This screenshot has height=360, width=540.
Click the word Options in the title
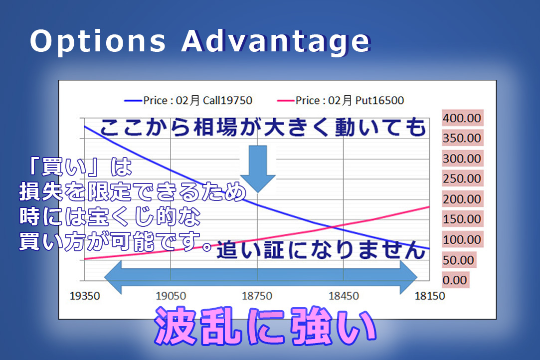tap(98, 42)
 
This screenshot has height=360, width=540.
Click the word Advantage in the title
tap(276, 42)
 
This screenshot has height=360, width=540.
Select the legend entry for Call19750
tap(188, 100)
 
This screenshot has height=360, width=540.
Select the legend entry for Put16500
tap(340, 100)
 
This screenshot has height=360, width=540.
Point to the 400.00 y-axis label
tap(462, 118)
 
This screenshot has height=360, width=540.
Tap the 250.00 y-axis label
tap(462, 179)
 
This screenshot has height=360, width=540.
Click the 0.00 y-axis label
tap(455, 280)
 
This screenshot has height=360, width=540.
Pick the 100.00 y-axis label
tap(462, 239)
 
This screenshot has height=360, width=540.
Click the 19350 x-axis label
tap(85, 296)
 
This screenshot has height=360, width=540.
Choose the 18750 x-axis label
tap(257, 296)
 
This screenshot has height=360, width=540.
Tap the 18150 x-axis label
tap(430, 296)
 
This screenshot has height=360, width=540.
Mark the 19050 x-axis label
tap(171, 296)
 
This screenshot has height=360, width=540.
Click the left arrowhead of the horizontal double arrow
tap(113, 277)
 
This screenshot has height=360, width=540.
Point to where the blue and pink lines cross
tap(331, 227)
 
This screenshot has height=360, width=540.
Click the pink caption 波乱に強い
tap(265, 326)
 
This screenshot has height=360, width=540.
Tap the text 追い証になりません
tap(321, 250)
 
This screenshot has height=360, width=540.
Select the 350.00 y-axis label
tap(462, 138)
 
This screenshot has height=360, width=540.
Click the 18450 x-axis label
tap(344, 296)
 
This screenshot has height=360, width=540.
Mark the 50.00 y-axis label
tap(458, 260)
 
